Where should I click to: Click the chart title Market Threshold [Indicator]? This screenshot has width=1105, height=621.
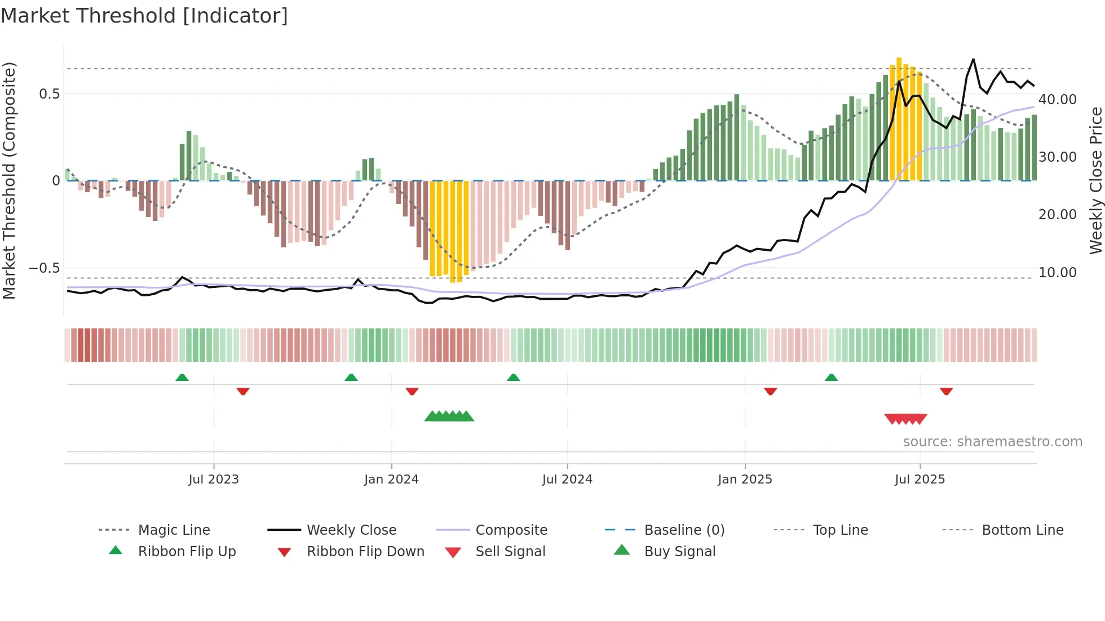pyautogui.click(x=144, y=16)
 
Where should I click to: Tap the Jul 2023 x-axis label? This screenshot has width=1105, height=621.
pyautogui.click(x=214, y=480)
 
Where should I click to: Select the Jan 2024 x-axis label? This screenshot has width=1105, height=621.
pyautogui.click(x=391, y=480)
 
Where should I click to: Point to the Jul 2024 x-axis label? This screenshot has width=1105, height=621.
pyautogui.click(x=567, y=480)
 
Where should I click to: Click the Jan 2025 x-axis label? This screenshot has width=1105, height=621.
pyautogui.click(x=745, y=480)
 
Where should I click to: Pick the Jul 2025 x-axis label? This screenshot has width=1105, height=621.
pyautogui.click(x=920, y=480)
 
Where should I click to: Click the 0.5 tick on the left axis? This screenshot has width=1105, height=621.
pyautogui.click(x=50, y=94)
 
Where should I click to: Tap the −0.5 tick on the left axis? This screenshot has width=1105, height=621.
pyautogui.click(x=45, y=268)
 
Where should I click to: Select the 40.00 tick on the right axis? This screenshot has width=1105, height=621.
pyautogui.click(x=1058, y=100)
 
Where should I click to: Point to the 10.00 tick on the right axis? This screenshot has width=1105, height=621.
pyautogui.click(x=1058, y=273)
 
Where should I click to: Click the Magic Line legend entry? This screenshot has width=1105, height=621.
pyautogui.click(x=174, y=530)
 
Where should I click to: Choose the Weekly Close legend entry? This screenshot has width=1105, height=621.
pyautogui.click(x=351, y=530)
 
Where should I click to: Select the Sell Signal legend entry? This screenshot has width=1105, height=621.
pyautogui.click(x=510, y=552)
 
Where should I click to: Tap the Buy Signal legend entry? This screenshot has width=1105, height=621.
pyautogui.click(x=679, y=552)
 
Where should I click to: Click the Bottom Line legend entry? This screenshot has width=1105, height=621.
pyautogui.click(x=1022, y=530)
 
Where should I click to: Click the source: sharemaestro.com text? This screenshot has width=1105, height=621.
pyautogui.click(x=992, y=442)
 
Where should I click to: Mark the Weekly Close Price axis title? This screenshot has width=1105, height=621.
pyautogui.click(x=1095, y=180)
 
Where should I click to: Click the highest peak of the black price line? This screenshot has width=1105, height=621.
pyautogui.click(x=973, y=59)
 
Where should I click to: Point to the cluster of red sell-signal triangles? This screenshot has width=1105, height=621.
pyautogui.click(x=905, y=419)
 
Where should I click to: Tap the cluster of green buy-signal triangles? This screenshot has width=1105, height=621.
pyautogui.click(x=449, y=416)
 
